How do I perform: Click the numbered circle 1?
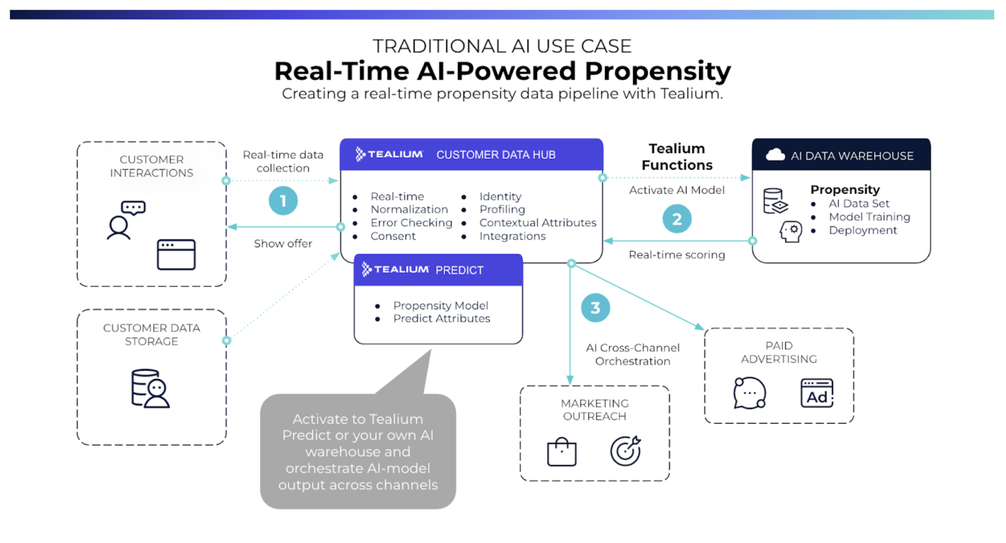tap(283, 200)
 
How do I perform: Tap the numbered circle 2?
tap(677, 218)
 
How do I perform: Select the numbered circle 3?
tap(595, 308)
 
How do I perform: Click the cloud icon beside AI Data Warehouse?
tap(775, 155)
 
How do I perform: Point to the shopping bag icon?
tap(562, 452)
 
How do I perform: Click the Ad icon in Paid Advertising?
tap(816, 393)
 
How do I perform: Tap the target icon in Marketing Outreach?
tap(625, 451)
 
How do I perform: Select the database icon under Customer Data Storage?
tap(150, 389)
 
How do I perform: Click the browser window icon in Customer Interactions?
tap(176, 255)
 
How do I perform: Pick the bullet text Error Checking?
tap(411, 223)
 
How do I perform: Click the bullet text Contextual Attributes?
tap(538, 223)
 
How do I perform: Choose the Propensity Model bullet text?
tap(441, 305)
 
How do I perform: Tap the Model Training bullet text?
tap(870, 217)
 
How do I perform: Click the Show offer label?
tap(283, 243)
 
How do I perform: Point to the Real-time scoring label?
tap(677, 255)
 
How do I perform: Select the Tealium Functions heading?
tap(677, 157)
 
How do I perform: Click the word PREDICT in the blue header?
tap(459, 270)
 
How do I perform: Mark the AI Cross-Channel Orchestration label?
tap(632, 354)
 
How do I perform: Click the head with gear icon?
tap(790, 232)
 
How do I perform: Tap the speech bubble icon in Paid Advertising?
tap(749, 393)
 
